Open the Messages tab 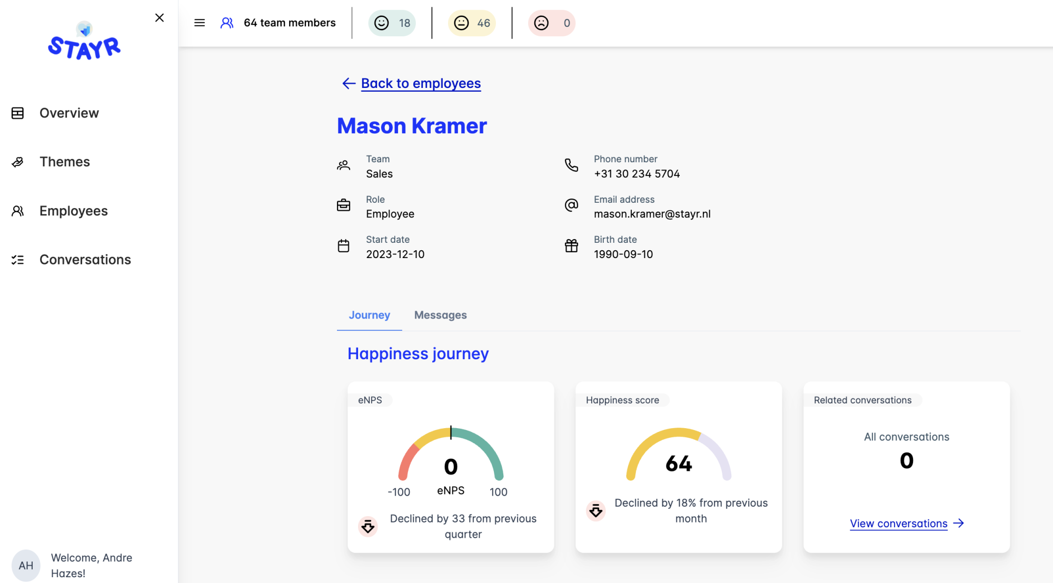(x=440, y=315)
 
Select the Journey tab (x=369, y=315)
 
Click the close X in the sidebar (x=160, y=18)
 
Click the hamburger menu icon (x=200, y=23)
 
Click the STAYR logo (x=84, y=41)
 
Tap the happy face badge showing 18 (x=392, y=23)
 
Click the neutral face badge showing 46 (x=472, y=23)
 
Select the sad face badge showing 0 (x=552, y=23)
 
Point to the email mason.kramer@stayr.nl (x=652, y=214)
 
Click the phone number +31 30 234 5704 (x=637, y=174)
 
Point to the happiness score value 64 (x=679, y=463)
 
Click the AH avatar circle (x=26, y=566)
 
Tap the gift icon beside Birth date (x=571, y=246)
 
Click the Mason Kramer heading (x=412, y=126)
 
